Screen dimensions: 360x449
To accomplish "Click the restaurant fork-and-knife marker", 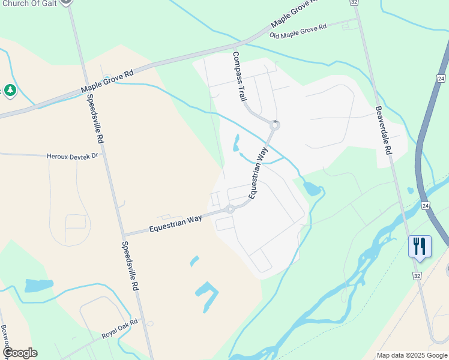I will click(420, 246).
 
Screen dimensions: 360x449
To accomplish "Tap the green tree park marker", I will click(10, 91).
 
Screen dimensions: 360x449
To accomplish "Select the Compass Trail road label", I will click(240, 76).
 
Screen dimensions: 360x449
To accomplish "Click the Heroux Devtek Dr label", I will click(71, 156).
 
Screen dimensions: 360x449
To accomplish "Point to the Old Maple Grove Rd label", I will click(298, 31).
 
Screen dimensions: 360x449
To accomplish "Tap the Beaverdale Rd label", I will click(384, 130).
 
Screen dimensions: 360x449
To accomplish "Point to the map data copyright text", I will click(412, 355).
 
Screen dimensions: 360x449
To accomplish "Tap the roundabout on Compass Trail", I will click(275, 125).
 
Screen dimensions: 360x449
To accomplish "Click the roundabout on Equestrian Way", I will click(230, 209).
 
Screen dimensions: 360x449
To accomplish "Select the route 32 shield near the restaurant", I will click(417, 275).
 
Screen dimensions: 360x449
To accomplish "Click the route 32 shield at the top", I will click(355, 3).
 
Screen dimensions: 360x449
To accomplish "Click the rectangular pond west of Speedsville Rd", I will click(39, 285).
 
